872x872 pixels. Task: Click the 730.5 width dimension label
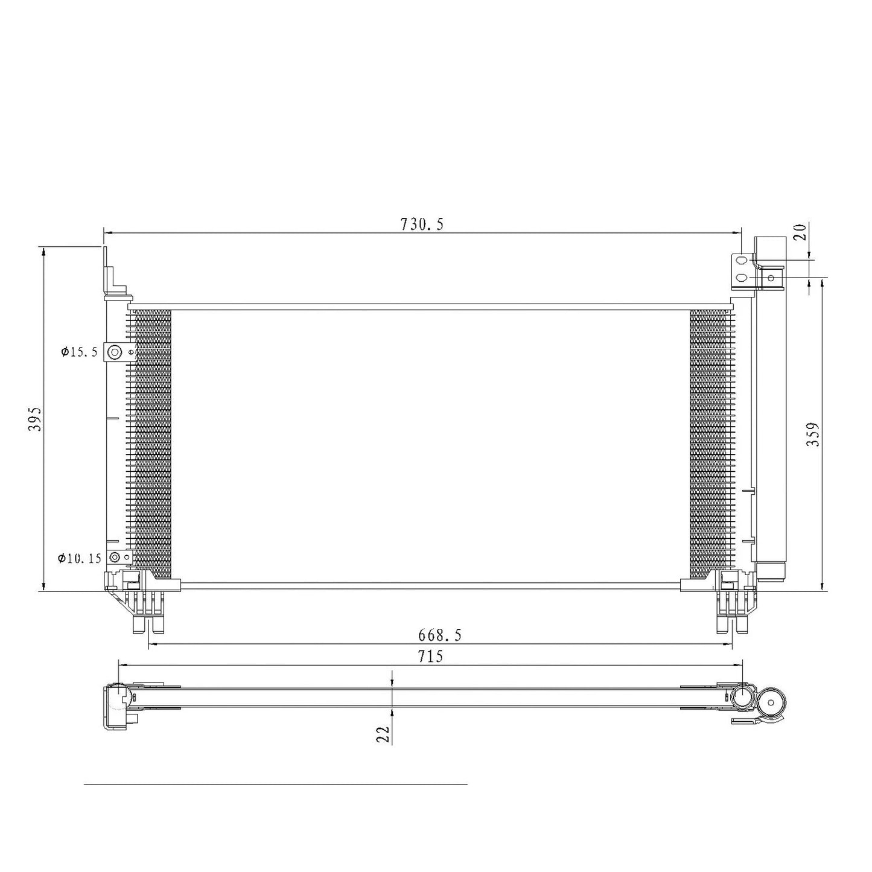coord(421,224)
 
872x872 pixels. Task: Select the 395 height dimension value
coord(35,419)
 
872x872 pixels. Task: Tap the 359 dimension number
coord(812,434)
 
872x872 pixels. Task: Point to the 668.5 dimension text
coord(439,635)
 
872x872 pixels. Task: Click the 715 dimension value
coord(430,656)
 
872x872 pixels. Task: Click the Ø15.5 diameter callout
coord(80,352)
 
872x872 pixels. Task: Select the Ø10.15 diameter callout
coord(80,558)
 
